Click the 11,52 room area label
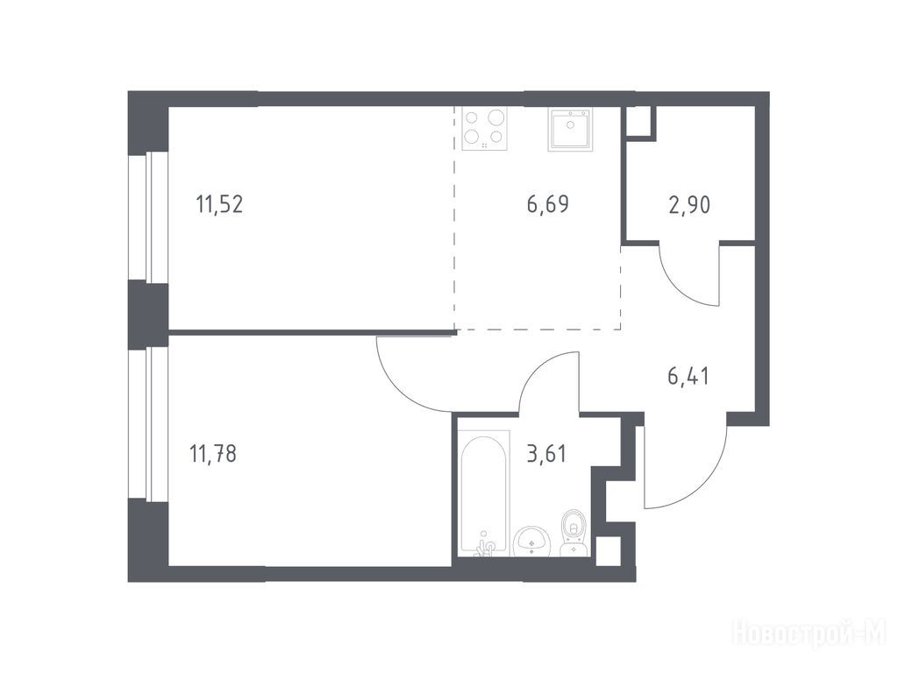pyautogui.click(x=220, y=203)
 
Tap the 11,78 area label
pyautogui.click(x=213, y=454)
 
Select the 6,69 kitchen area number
pyautogui.click(x=548, y=203)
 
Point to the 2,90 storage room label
pyautogui.click(x=689, y=204)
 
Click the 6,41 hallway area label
pyautogui.click(x=688, y=376)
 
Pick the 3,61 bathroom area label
pyautogui.click(x=546, y=454)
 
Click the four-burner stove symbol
pyautogui.click(x=485, y=130)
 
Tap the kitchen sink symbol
pyautogui.click(x=571, y=130)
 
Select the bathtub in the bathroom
pyautogui.click(x=484, y=492)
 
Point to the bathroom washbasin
pyautogui.click(x=532, y=541)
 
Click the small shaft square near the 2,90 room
pyautogui.click(x=639, y=121)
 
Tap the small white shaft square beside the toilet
pyautogui.click(x=609, y=550)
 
